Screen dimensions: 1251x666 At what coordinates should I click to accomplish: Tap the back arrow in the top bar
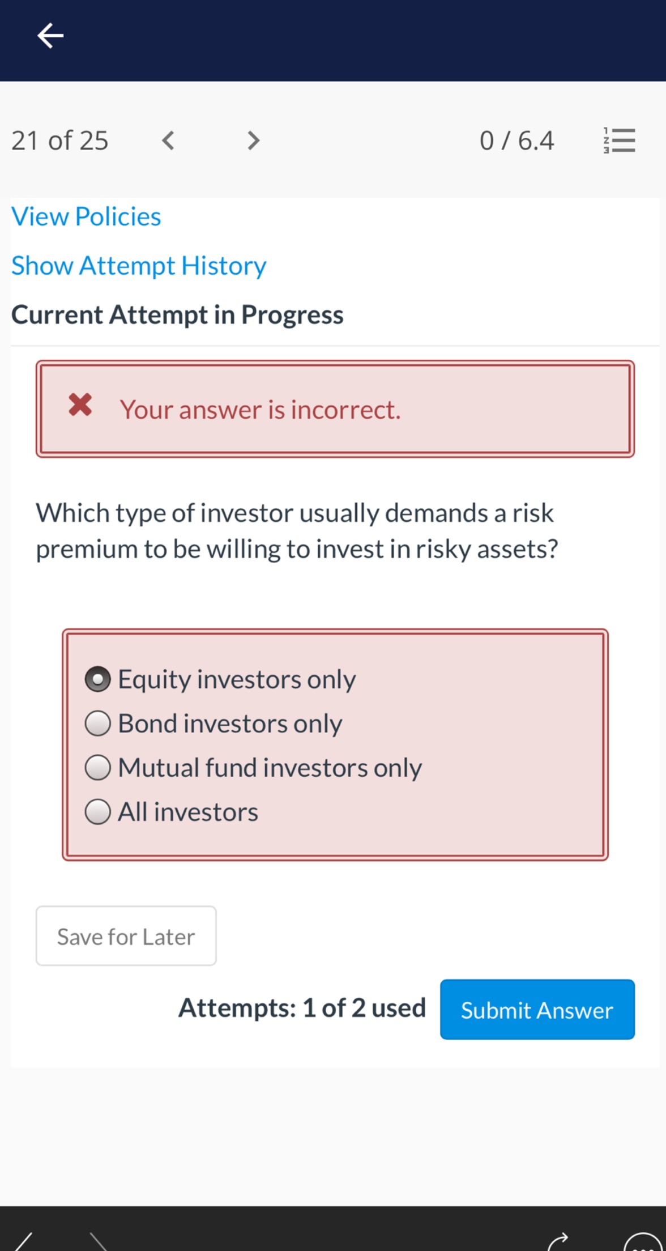coord(50,36)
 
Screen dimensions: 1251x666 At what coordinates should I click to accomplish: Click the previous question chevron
coord(168,140)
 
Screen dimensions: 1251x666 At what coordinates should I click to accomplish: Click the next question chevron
coord(254,140)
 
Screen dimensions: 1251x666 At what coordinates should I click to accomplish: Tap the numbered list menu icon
coord(620,140)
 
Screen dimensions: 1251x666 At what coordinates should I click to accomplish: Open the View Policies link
coord(86,216)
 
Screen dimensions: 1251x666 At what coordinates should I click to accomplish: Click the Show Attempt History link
coord(139,266)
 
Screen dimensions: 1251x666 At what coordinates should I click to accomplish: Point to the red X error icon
coord(80,405)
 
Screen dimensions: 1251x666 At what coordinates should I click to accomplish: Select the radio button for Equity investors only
coord(97,679)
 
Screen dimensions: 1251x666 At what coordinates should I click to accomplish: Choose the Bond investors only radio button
coord(97,724)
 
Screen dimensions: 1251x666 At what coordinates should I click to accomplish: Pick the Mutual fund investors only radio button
coord(97,768)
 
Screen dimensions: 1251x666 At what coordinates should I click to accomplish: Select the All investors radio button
coord(97,812)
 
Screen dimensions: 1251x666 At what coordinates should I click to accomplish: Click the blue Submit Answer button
coord(537,1010)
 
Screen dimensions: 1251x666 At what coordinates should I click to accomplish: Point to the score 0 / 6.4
coord(516,141)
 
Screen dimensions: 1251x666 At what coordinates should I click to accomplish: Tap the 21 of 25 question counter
coord(59,141)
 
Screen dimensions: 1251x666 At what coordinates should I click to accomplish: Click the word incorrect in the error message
coord(345,410)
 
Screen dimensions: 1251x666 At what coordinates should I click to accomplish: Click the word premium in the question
coord(86,549)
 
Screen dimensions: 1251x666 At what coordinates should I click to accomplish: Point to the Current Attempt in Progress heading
coord(177,315)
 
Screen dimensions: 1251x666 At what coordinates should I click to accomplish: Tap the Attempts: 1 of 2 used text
coord(302,1008)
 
